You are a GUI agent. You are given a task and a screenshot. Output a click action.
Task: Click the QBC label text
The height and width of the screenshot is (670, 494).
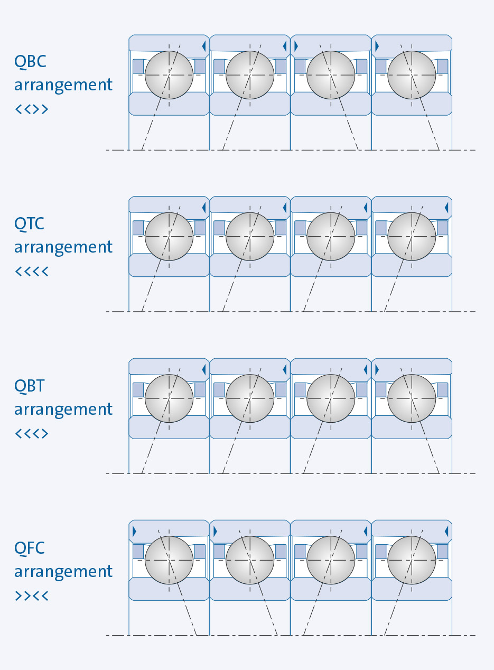coord(30,62)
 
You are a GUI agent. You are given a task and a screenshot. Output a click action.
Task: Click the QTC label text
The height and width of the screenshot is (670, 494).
coord(29,224)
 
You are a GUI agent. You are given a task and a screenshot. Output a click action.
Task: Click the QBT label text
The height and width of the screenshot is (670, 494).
coord(30,386)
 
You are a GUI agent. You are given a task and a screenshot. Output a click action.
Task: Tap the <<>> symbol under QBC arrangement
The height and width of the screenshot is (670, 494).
coord(31,109)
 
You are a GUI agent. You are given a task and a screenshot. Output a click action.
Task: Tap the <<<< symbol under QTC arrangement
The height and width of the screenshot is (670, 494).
coord(31,272)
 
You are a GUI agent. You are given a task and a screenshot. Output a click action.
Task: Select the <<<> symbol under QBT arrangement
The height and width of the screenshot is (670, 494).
coord(31,434)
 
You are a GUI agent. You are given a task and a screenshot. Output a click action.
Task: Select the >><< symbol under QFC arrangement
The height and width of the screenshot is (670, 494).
coord(31,596)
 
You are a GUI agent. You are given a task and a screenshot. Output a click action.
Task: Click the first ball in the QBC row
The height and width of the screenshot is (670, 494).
coord(169,75)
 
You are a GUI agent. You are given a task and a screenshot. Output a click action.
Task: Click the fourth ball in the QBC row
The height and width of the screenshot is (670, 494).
coord(412,75)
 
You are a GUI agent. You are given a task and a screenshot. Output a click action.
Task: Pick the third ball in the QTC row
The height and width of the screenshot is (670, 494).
coord(331,236)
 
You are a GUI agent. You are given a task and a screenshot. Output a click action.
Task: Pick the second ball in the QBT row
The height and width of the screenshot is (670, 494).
coord(250,398)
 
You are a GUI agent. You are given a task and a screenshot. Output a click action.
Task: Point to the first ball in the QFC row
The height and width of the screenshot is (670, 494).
coord(169,560)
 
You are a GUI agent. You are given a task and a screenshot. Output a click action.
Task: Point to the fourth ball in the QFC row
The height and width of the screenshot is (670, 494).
coord(412,560)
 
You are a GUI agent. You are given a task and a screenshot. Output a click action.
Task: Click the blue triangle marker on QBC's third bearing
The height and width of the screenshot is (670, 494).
coord(296,46)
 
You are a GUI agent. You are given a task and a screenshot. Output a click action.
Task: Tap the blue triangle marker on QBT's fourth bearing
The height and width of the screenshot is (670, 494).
coord(377,370)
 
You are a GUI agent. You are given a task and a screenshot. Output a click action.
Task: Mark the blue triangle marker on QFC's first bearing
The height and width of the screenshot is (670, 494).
coord(134,532)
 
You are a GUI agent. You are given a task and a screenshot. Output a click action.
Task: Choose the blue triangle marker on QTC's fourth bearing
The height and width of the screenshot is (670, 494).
coord(446,208)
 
